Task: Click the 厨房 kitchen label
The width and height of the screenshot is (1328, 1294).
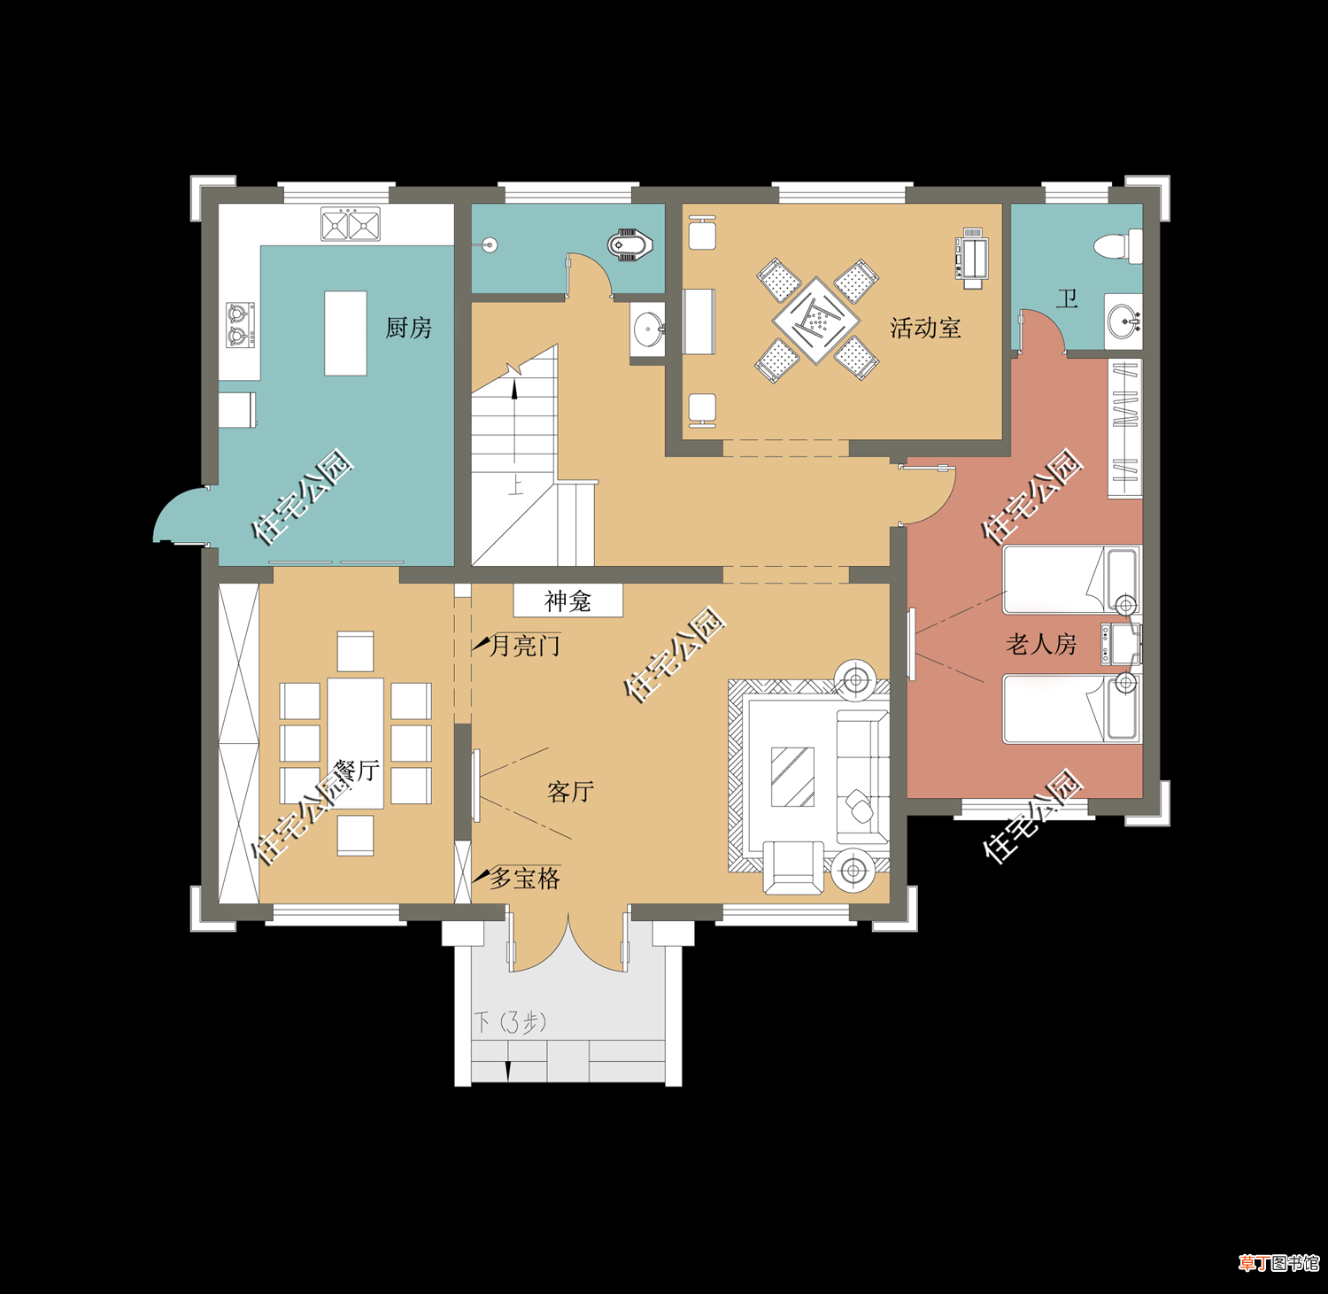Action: tap(408, 328)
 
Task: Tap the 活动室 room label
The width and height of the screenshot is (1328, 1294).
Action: tap(925, 328)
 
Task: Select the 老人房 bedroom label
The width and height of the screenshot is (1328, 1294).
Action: tap(1041, 644)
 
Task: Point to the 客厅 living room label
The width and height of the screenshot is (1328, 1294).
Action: tap(570, 791)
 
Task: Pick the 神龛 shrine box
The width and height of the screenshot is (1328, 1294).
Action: tap(568, 601)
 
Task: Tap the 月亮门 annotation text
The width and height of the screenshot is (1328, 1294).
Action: tap(525, 646)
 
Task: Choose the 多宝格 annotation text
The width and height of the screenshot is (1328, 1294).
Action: tap(525, 878)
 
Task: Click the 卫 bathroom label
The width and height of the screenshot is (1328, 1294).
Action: tap(1067, 298)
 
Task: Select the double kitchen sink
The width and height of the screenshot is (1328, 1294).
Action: tap(351, 224)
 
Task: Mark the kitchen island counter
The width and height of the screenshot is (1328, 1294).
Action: tap(345, 333)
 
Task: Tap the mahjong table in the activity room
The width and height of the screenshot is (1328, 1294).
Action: tap(816, 320)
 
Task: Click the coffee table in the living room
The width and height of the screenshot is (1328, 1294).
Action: tap(792, 777)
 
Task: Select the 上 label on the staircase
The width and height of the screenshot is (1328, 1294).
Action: tap(515, 485)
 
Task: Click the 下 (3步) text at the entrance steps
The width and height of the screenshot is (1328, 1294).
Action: tap(511, 1022)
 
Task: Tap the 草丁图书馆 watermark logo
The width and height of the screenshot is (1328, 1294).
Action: tap(1278, 1263)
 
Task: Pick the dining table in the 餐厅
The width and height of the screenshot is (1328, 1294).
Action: tap(355, 743)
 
